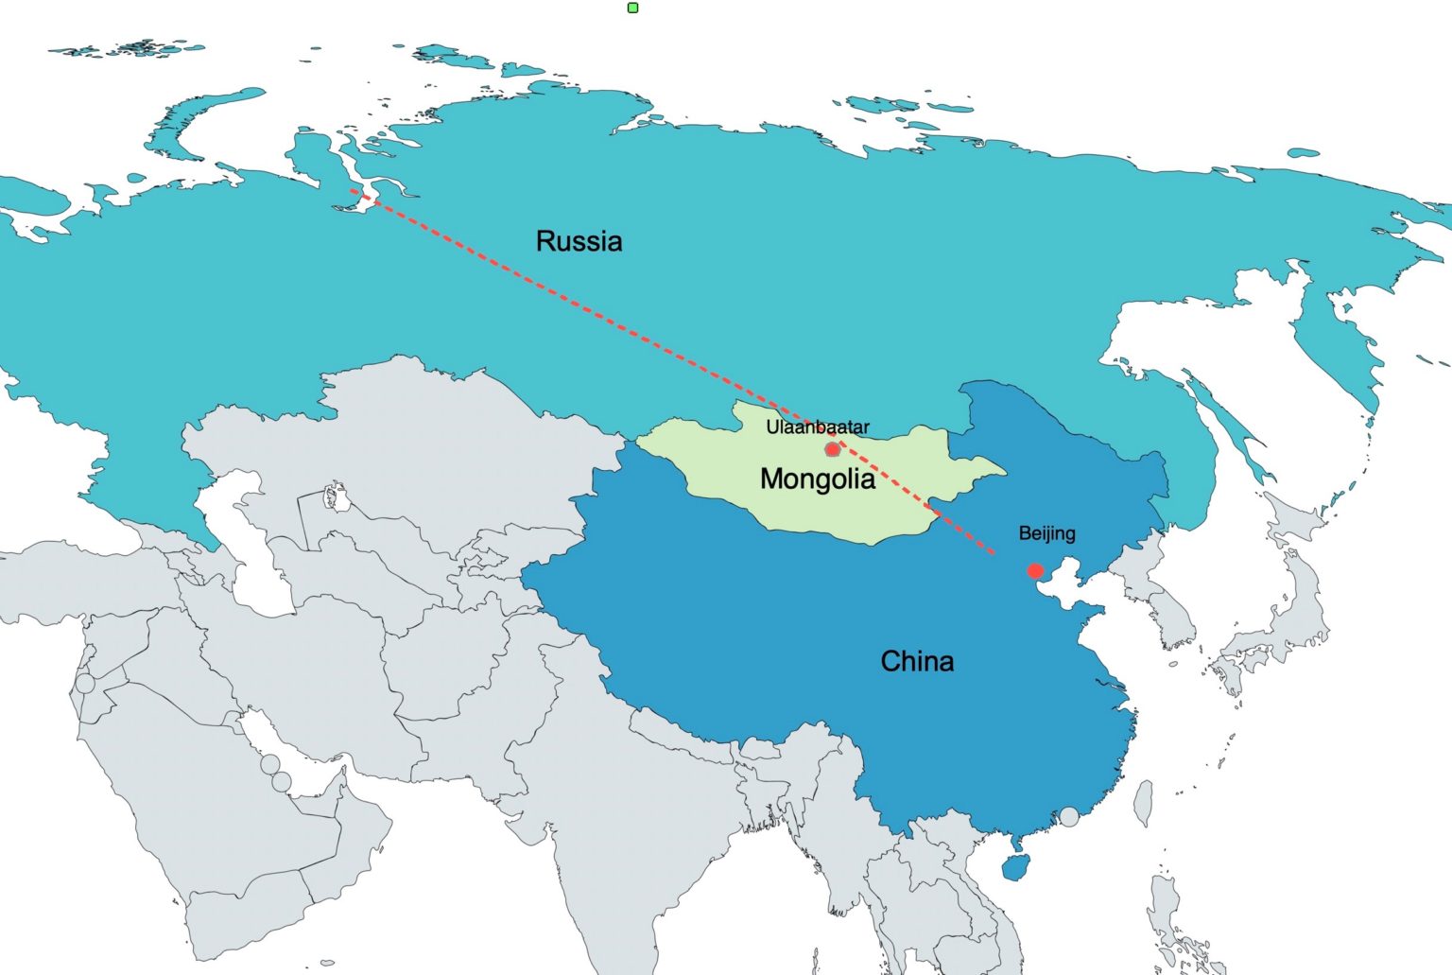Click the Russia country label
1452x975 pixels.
(579, 241)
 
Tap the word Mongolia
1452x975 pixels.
(817, 479)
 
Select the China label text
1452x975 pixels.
(916, 661)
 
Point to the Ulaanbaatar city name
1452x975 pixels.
(817, 427)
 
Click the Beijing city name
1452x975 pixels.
(1046, 533)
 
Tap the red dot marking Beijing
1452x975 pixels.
(1035, 571)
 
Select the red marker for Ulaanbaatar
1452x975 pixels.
(832, 449)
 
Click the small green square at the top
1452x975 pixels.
(633, 8)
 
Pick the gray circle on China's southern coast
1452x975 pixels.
(1068, 816)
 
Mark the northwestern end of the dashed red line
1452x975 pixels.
(353, 190)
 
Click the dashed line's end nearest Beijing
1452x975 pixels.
(994, 553)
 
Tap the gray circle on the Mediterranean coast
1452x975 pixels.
(85, 683)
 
